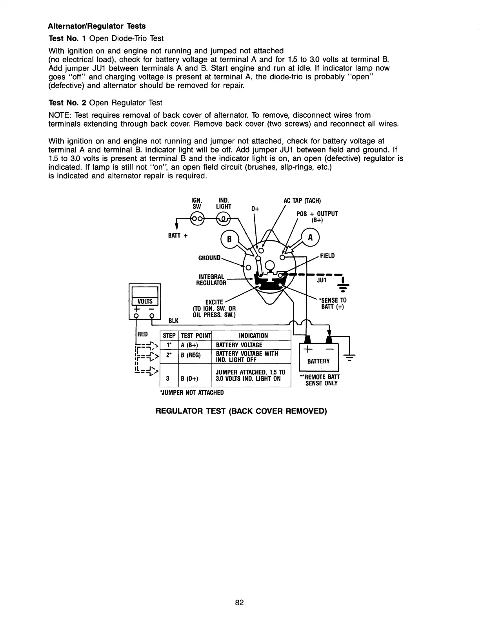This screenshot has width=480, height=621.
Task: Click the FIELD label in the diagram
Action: [x=327, y=256]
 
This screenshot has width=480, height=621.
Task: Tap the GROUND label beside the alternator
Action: [x=209, y=258]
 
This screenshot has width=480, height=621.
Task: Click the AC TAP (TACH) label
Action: [x=302, y=201]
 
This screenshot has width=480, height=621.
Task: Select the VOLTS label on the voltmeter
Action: [x=145, y=301]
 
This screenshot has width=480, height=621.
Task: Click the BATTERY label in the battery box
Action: [x=318, y=361]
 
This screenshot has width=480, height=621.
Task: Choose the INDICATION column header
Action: [x=253, y=336]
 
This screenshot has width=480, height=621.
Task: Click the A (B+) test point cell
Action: [x=190, y=345]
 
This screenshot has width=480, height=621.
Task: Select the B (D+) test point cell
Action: [x=190, y=379]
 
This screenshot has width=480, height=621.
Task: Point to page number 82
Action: [x=240, y=603]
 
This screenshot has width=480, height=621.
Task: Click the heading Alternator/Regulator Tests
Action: [x=96, y=26]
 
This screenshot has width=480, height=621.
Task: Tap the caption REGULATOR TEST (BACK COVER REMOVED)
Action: [x=241, y=411]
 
